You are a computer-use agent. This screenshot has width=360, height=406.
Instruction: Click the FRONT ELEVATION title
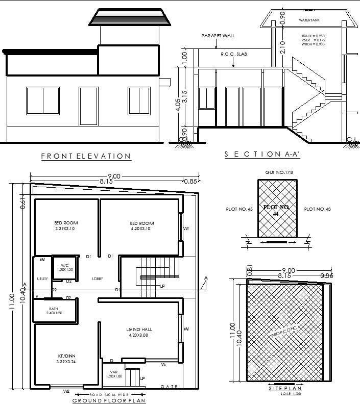pyautogui.click(x=86, y=156)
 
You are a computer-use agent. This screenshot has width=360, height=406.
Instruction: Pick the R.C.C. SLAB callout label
pyautogui.click(x=233, y=54)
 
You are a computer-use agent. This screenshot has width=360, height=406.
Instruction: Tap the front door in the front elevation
pyautogui.click(x=88, y=106)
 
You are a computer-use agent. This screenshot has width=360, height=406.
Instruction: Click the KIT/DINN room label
pyautogui.click(x=66, y=359)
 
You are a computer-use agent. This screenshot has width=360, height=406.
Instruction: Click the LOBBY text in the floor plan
pyautogui.click(x=98, y=279)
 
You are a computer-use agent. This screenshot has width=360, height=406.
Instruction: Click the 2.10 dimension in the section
pyautogui.click(x=282, y=47)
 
